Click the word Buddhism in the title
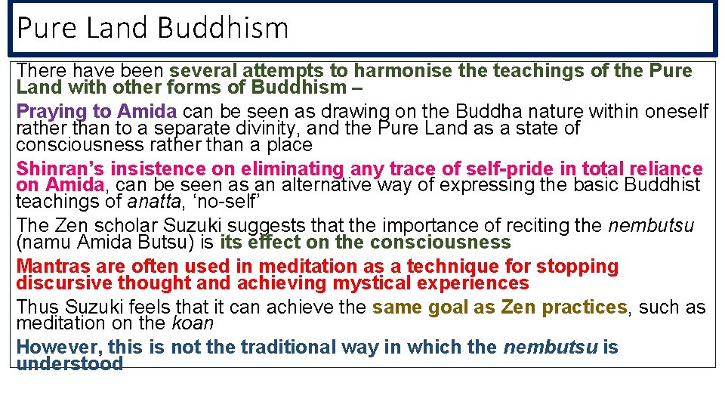tap(223, 28)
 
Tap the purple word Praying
tap(50, 112)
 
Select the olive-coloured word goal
tap(449, 308)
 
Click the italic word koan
tap(193, 323)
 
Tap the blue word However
tap(57, 348)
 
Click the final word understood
tap(69, 364)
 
